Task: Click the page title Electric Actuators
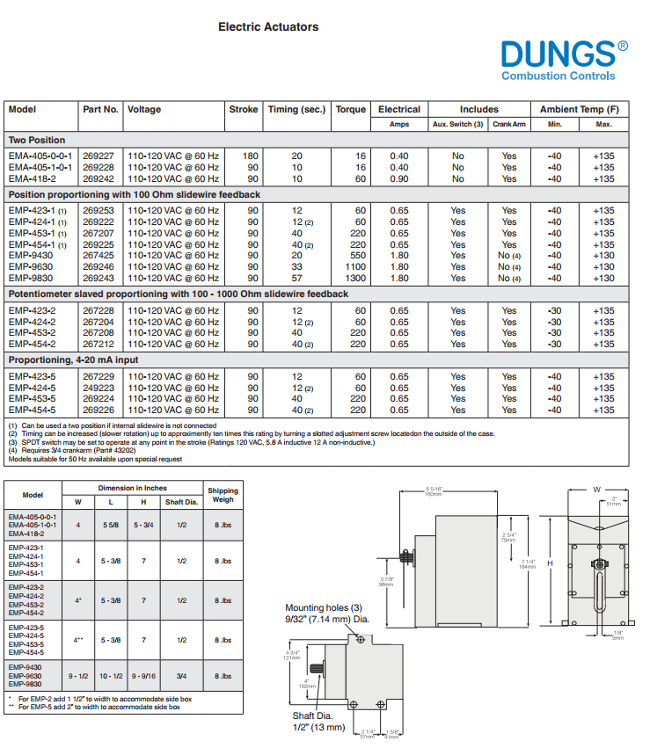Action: [268, 27]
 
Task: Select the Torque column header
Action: [350, 110]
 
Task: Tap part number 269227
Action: [99, 156]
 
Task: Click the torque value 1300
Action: [354, 279]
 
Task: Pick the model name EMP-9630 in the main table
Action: [31, 267]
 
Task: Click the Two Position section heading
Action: [37, 141]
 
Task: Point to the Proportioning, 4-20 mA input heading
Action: [73, 360]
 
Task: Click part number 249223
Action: [99, 388]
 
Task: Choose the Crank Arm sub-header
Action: [508, 125]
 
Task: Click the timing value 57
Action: [296, 279]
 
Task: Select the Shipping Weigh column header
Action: [223, 495]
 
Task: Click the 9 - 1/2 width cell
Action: [78, 676]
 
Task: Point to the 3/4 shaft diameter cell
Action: [182, 676]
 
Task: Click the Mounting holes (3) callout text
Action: [324, 608]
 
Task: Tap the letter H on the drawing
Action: [550, 563]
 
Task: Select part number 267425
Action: [99, 256]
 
